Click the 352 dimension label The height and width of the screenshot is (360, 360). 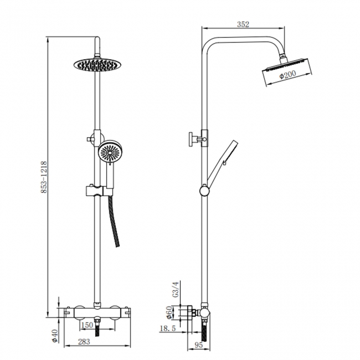[x=243, y=24]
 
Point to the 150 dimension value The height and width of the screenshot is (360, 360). [x=87, y=325]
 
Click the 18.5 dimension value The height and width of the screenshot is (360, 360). [x=168, y=329]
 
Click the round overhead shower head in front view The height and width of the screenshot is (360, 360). [x=97, y=64]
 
